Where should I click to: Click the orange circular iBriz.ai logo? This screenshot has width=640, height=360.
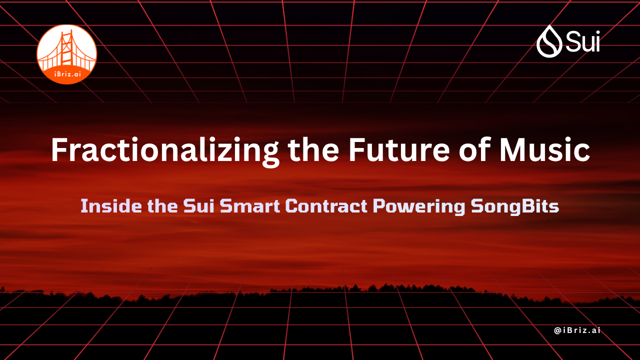(x=66, y=54)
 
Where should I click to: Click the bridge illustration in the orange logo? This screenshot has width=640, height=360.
(x=66, y=50)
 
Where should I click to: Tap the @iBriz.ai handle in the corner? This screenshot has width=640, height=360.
(x=577, y=330)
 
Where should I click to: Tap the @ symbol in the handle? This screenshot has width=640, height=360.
(x=557, y=330)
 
